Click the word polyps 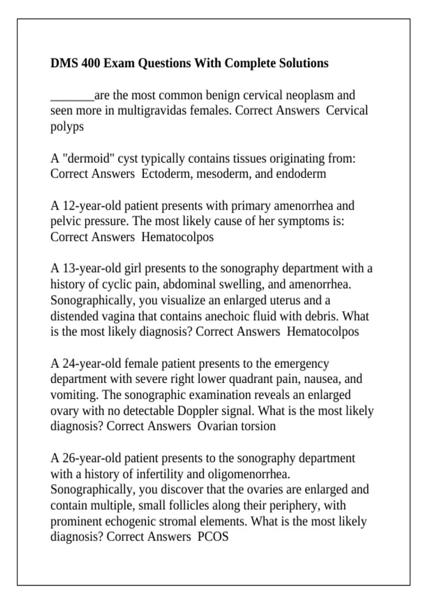pyautogui.click(x=67, y=127)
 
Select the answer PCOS pyautogui.click(x=213, y=536)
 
